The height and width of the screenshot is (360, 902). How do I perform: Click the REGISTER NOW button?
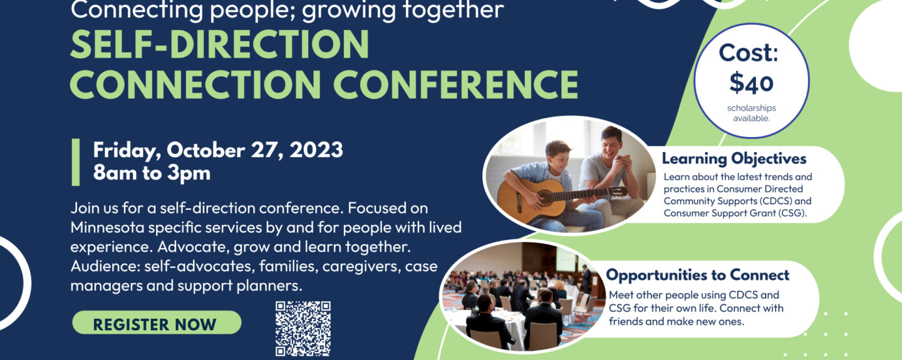click(157, 322)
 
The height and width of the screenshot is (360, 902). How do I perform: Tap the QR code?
click(303, 329)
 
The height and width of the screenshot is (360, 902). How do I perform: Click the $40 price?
click(752, 83)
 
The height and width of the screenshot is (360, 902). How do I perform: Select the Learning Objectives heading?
click(734, 158)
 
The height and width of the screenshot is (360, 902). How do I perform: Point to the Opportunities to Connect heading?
click(697, 275)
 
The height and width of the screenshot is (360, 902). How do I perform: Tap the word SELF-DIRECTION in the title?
click(220, 44)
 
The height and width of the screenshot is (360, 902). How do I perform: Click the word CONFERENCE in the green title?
click(455, 84)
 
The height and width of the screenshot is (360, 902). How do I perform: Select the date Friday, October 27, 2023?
click(218, 150)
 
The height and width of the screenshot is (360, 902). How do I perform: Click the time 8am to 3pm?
click(152, 173)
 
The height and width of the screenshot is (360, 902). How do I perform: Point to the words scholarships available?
click(752, 113)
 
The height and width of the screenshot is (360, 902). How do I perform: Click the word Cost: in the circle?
click(749, 53)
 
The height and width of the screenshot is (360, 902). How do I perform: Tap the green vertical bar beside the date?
click(76, 162)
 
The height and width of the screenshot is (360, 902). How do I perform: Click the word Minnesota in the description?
click(108, 227)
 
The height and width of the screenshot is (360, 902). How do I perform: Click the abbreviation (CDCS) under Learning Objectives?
click(774, 201)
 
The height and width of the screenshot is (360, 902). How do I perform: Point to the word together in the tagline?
click(454, 10)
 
